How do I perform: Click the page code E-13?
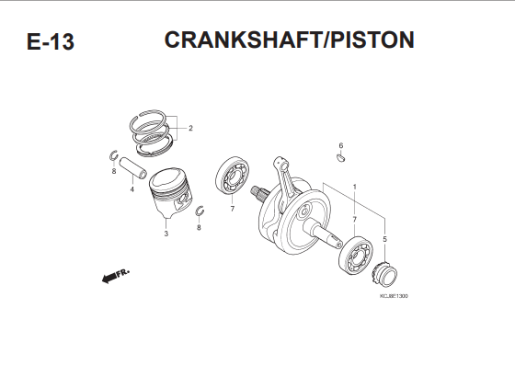click(51, 41)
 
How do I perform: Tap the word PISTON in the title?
click(372, 40)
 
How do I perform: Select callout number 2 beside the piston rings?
click(190, 129)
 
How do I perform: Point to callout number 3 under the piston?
click(166, 234)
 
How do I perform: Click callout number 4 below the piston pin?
click(132, 189)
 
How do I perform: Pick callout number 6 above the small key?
click(341, 145)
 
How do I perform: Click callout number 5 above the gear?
click(385, 239)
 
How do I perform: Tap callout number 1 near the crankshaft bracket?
click(354, 187)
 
